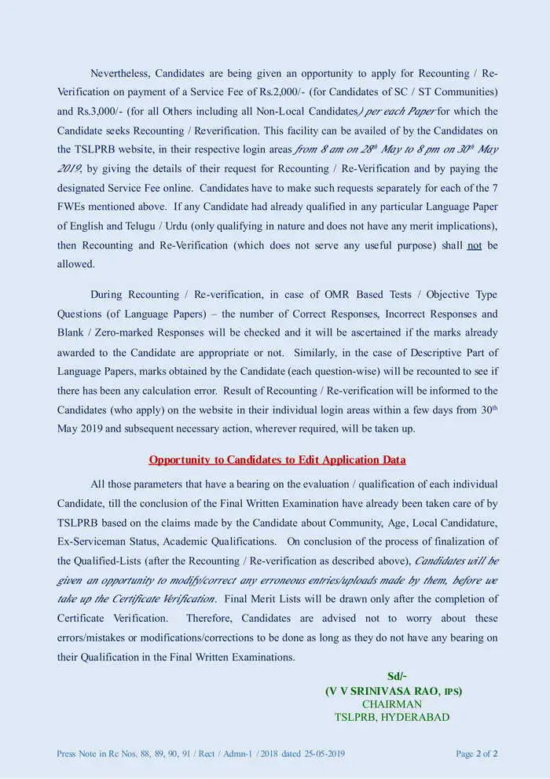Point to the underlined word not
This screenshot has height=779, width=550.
point(474,245)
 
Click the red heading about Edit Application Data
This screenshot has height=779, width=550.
point(277,460)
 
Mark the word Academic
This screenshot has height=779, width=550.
point(200,542)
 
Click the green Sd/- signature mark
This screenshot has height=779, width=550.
point(397,677)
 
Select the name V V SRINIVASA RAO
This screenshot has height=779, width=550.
point(384,691)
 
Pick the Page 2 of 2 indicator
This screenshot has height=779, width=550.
point(476,754)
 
